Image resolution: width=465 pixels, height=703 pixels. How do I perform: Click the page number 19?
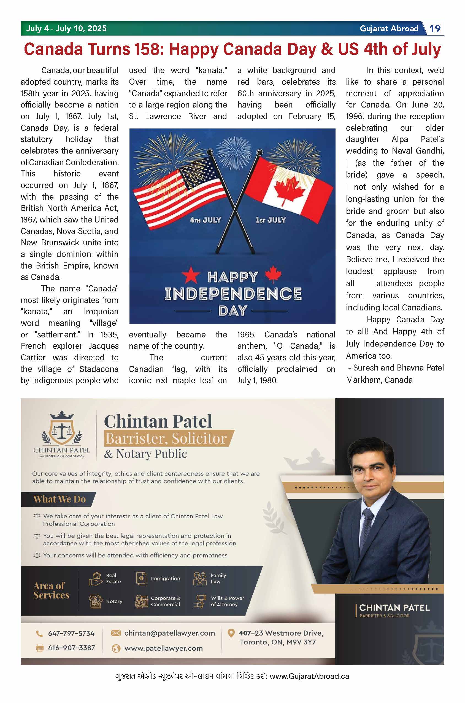pos(435,28)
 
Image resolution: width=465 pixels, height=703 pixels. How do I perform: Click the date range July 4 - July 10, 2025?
pos(66,28)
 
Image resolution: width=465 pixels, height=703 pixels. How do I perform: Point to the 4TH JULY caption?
pos(206,220)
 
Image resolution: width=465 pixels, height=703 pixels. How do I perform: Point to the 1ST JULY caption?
pos(271,220)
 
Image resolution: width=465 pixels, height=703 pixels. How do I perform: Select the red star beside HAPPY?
pos(191,275)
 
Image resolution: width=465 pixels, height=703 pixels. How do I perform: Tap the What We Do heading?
pos(59,500)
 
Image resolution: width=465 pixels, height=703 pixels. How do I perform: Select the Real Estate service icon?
pos(96,579)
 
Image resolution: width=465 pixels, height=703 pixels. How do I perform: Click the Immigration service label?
pos(165,579)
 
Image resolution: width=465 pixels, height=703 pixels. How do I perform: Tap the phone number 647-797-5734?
pos(71,634)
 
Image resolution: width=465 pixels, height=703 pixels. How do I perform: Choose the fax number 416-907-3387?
pos(71,648)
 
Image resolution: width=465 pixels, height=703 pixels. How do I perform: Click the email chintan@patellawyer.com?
pos(169,633)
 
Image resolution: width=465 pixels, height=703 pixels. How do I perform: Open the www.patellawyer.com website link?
pos(163,648)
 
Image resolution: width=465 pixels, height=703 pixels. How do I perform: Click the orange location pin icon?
pos(231,633)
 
